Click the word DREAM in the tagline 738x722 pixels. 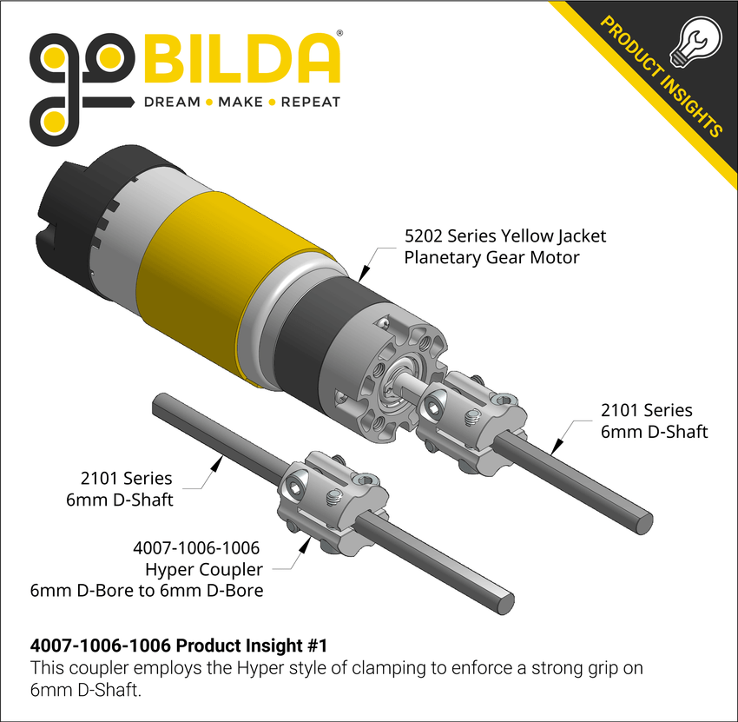tap(171, 102)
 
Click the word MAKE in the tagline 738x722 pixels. tap(241, 102)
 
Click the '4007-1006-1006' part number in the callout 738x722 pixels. tap(196, 548)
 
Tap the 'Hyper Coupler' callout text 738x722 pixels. tap(204, 570)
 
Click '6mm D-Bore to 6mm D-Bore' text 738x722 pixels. tap(147, 592)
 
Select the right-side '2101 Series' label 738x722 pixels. tap(646, 410)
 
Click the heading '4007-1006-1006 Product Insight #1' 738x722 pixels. tap(179, 646)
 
